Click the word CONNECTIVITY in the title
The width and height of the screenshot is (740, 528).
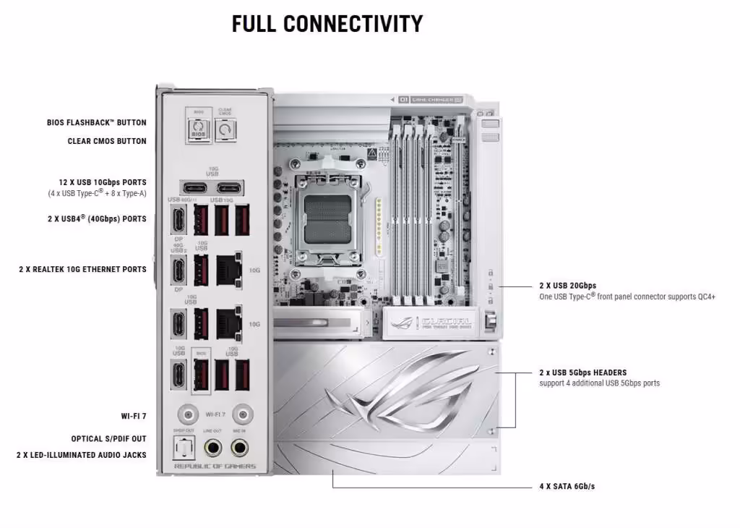pyautogui.click(x=353, y=23)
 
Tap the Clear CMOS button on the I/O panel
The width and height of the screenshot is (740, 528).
pyautogui.click(x=225, y=130)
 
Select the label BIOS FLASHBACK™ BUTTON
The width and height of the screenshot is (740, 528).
pyautogui.click(x=96, y=123)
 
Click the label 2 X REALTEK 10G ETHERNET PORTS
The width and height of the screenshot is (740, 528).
pyautogui.click(x=82, y=269)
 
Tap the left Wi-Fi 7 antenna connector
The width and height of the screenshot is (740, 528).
pyautogui.click(x=189, y=415)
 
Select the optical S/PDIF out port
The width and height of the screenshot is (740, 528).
pyautogui.click(x=184, y=449)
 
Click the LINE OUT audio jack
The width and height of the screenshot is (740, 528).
pyautogui.click(x=214, y=448)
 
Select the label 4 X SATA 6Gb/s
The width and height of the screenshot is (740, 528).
pyautogui.click(x=567, y=486)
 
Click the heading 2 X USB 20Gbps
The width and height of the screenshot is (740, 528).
pyautogui.click(x=567, y=286)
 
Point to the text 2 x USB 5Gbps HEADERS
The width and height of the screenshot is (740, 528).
pyautogui.click(x=582, y=372)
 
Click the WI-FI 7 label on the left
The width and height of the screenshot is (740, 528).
pyautogui.click(x=133, y=417)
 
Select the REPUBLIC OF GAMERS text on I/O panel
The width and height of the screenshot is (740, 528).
pyautogui.click(x=215, y=467)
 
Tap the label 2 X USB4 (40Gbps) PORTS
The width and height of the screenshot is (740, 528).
pyautogui.click(x=97, y=218)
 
